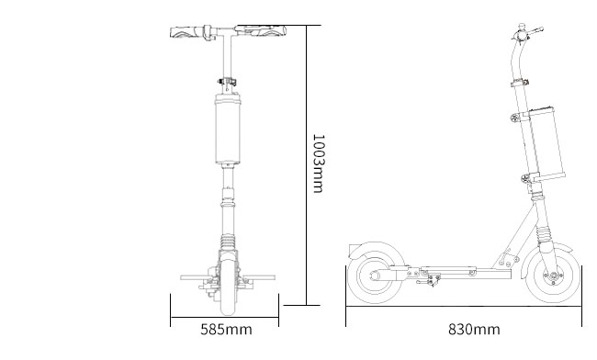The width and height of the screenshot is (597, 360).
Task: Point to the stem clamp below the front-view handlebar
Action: click(x=226, y=81)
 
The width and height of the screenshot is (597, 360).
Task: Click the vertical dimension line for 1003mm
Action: click(x=306, y=165)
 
